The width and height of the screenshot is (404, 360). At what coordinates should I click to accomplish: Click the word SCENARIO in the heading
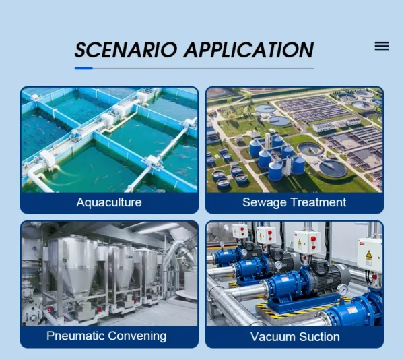[126, 50]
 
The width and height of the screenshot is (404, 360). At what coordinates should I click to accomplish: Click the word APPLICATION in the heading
[249, 50]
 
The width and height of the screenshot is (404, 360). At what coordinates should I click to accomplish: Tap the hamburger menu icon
[382, 46]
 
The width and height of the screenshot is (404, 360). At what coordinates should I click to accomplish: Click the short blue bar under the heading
[83, 68]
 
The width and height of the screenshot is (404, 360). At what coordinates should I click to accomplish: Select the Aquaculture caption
[109, 202]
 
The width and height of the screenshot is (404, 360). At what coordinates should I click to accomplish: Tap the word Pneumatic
[75, 336]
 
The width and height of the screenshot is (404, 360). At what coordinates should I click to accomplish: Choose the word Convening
[137, 336]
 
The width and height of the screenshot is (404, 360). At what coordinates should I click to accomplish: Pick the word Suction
[319, 337]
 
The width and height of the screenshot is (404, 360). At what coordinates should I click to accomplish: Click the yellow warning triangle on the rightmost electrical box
[369, 254]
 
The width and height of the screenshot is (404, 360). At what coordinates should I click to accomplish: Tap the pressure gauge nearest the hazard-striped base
[343, 290]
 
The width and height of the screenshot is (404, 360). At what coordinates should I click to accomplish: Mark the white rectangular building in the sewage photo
[323, 127]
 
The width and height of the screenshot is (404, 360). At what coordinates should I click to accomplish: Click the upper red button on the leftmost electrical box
[242, 229]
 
